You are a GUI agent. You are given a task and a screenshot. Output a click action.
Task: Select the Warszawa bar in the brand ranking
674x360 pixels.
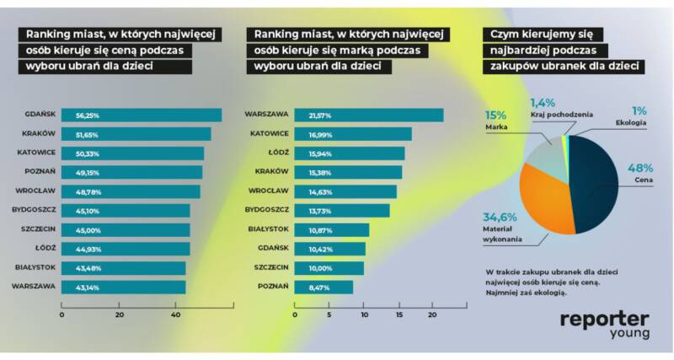point(367,116)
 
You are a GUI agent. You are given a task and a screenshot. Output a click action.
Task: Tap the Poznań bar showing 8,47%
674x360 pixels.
point(323,287)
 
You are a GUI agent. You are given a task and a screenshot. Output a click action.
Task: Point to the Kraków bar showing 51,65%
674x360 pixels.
point(136,134)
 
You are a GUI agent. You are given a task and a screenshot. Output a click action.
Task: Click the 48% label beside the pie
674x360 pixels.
point(639,168)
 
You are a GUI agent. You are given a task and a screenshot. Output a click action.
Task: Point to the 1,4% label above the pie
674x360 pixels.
point(542,102)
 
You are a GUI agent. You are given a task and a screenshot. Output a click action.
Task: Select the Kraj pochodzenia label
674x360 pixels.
point(562,114)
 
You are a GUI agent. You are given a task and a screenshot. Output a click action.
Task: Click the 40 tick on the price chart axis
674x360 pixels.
point(176,314)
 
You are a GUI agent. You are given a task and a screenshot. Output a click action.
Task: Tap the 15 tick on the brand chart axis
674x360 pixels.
point(398,314)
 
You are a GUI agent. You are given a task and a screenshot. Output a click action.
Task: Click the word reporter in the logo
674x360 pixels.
point(604,319)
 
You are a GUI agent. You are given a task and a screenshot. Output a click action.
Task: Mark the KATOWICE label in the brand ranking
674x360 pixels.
point(270,134)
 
